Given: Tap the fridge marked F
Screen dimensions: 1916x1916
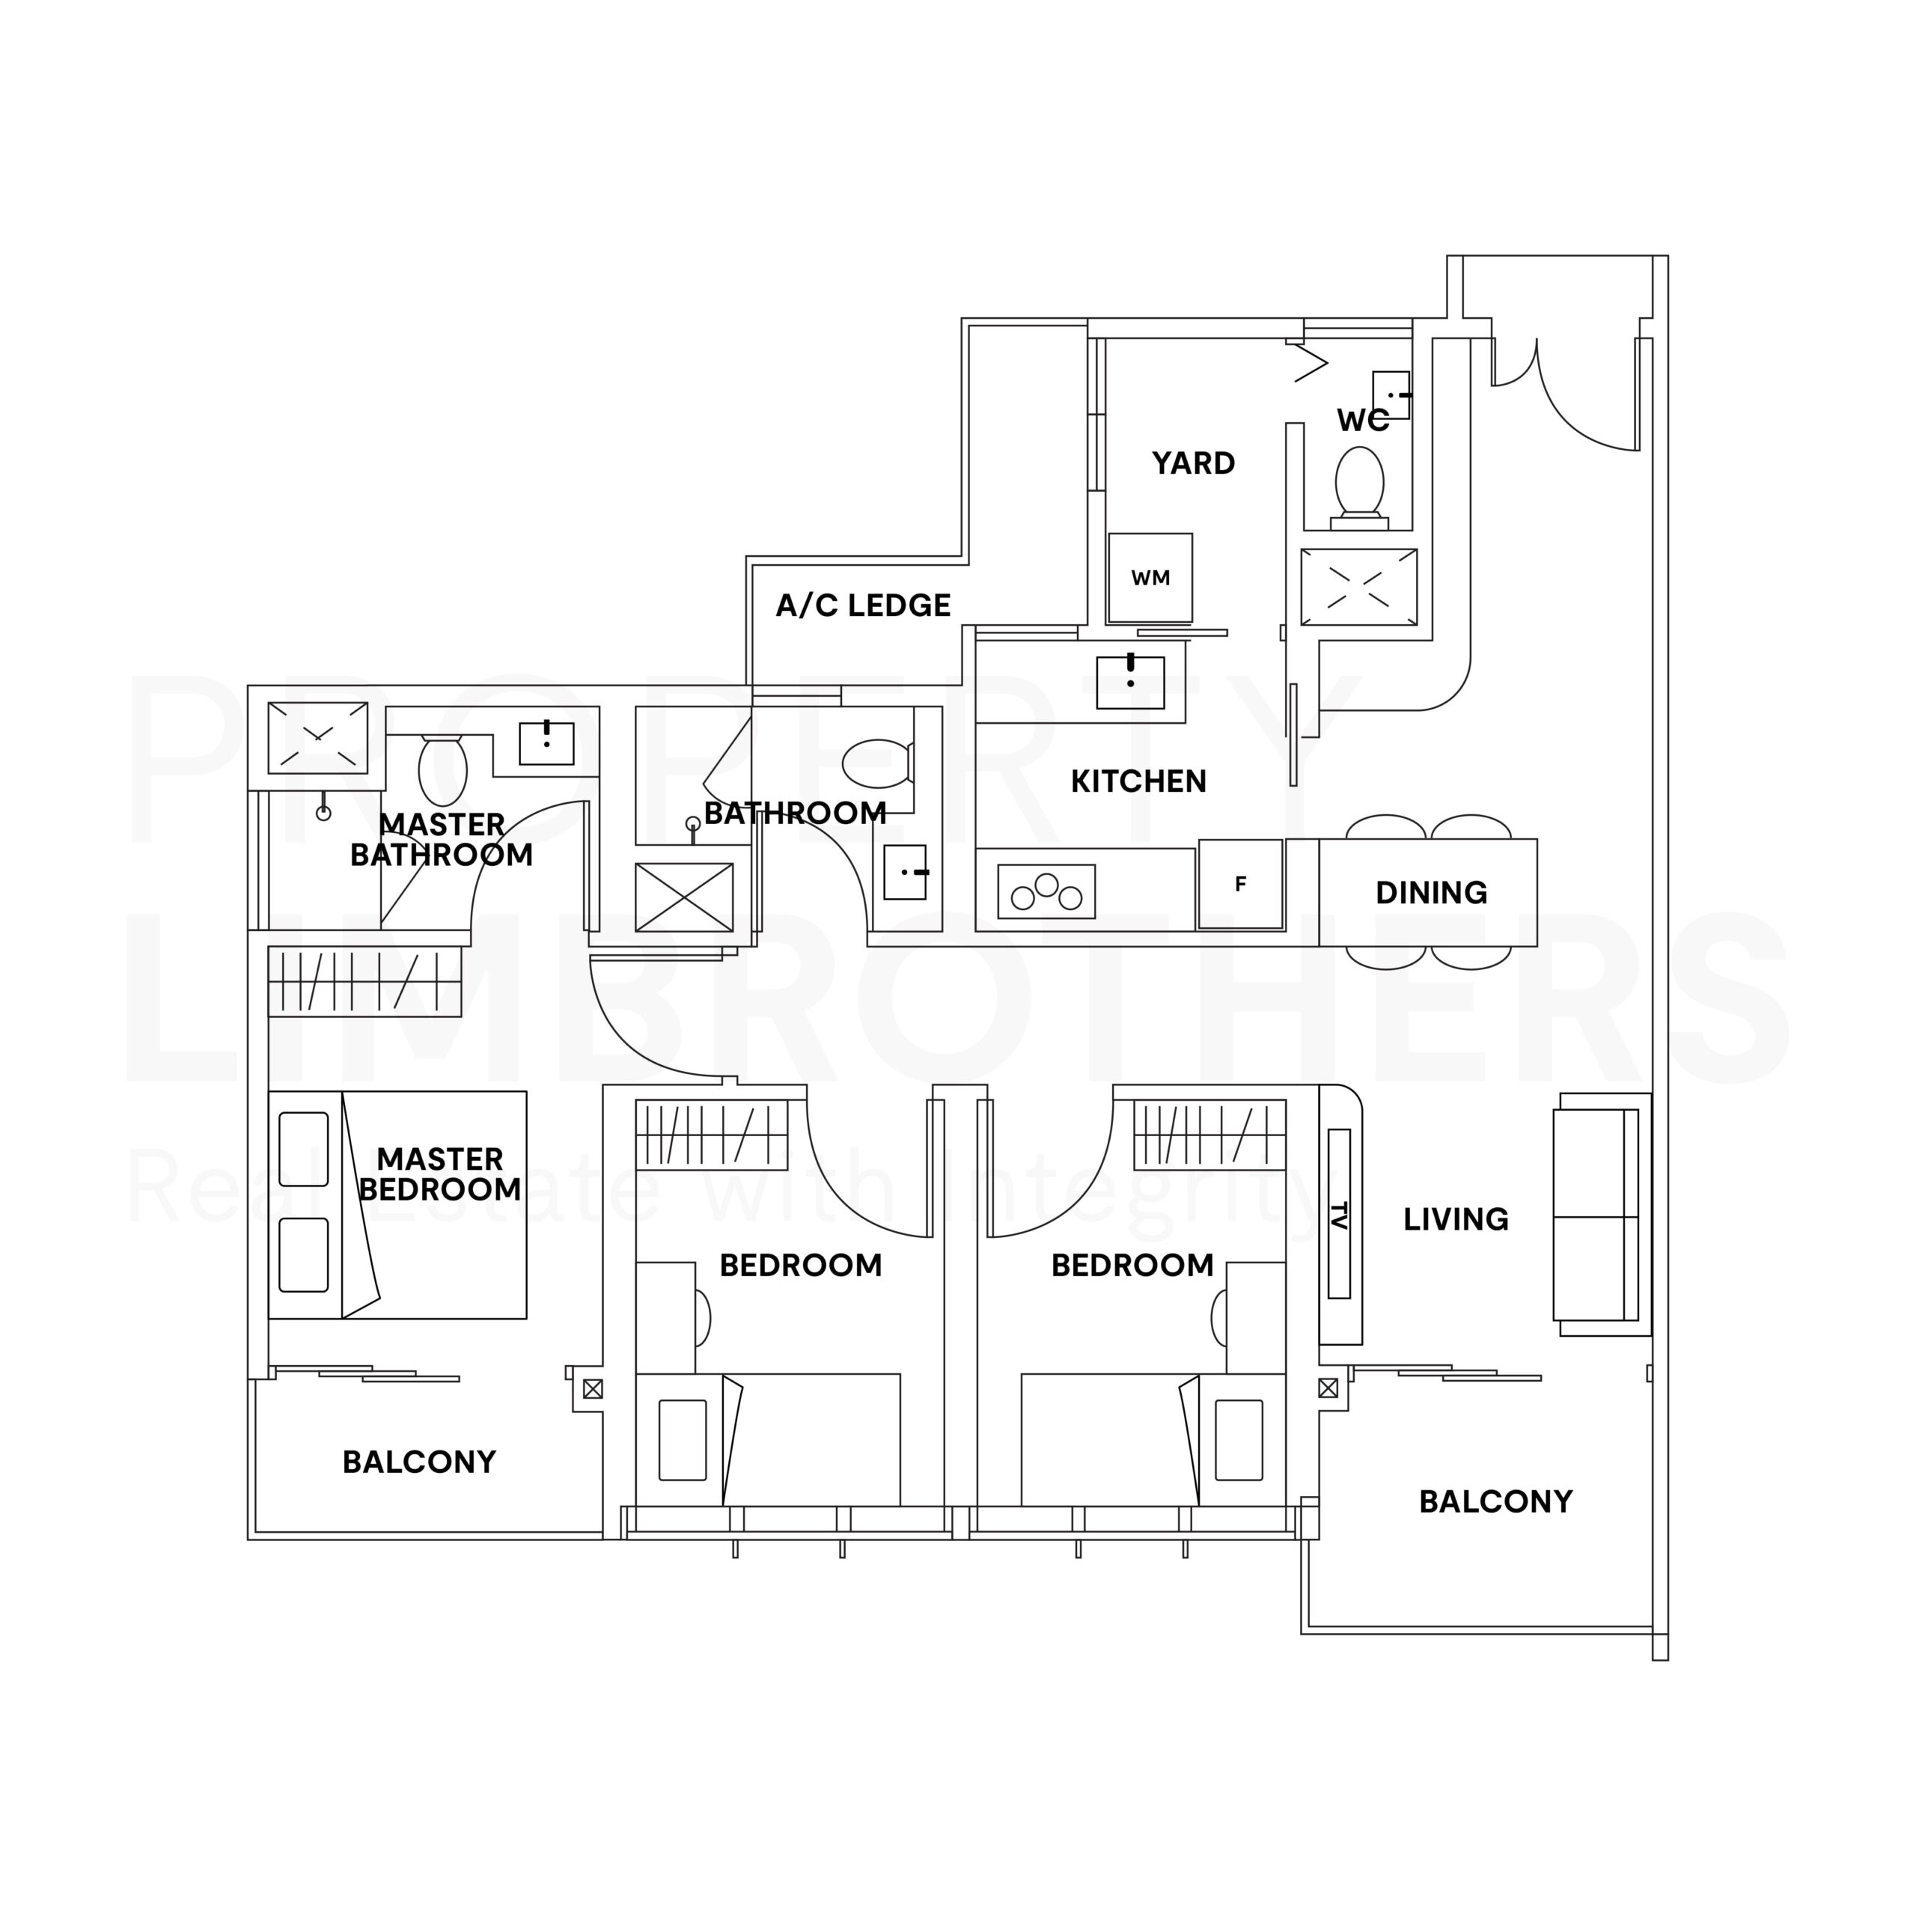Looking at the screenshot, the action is click(1241, 885).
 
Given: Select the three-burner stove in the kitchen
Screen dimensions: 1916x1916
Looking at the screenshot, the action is click(1046, 891).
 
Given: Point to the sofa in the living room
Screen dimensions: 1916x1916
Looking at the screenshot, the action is click(1601, 1214).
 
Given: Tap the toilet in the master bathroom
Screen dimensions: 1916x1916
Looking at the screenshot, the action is click(442, 769).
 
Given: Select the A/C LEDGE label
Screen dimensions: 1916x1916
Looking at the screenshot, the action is click(863, 605).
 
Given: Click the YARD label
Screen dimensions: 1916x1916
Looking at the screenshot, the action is click(1193, 463).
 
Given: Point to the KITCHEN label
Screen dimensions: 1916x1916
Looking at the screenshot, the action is click(1138, 781).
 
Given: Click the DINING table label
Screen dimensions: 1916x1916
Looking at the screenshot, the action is click(1431, 893).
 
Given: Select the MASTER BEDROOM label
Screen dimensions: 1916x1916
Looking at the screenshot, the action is click(440, 1174).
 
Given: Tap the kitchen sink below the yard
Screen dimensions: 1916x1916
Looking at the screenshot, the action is click(1131, 683).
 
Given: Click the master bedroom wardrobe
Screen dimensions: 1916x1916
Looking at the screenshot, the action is click(365, 982).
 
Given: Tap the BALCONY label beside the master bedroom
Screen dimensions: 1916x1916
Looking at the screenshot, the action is click(419, 1462).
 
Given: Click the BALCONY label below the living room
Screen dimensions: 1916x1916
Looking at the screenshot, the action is click(1495, 1501).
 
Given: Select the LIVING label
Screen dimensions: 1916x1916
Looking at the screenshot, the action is click(1456, 1218).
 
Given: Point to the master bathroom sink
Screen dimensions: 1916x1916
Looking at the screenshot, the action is click(546, 742).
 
